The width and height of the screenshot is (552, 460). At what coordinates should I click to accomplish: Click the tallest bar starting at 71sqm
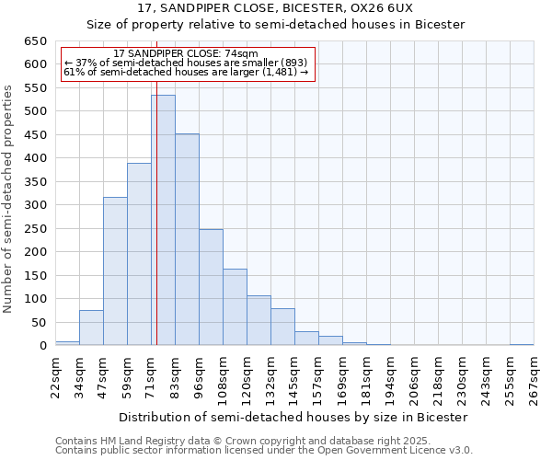pos(163,221)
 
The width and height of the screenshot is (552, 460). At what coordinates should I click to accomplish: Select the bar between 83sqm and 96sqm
pos(187,240)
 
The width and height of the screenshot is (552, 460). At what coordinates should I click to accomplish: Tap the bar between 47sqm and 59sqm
pos(115,271)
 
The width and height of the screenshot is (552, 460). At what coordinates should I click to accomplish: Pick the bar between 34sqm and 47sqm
pos(91,328)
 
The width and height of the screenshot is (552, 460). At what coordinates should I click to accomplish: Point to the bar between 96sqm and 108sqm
pos(211,287)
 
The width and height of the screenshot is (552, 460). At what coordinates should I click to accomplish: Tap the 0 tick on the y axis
pos(42,346)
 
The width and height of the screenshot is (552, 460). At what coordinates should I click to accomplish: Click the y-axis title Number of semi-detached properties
pos(8,198)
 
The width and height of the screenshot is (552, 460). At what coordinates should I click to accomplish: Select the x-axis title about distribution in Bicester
pos(293,417)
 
